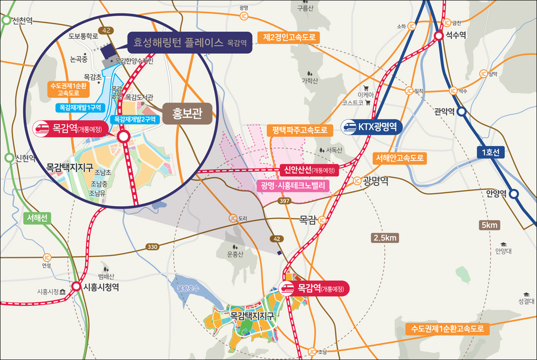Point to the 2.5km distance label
pyautogui.click(x=385, y=238)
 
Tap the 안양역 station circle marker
pyautogui.click(x=514, y=194)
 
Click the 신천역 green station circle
pyautogui.click(x=6, y=20)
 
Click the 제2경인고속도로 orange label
pyautogui.click(x=290, y=38)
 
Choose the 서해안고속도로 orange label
pyautogui.click(x=399, y=158)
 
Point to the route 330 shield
pyautogui.click(x=153, y=247)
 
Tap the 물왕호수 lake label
pyautogui.click(x=187, y=287)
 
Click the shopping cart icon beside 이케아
pyautogui.click(x=366, y=88)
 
